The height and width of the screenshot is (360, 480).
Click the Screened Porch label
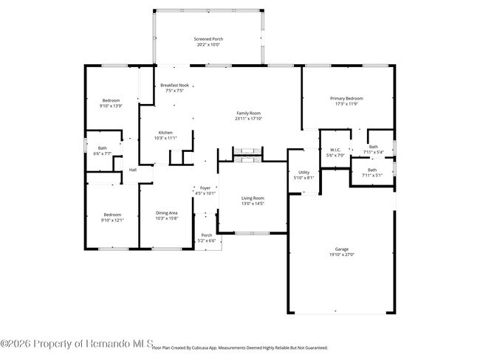208,41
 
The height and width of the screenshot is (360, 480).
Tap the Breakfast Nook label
174,88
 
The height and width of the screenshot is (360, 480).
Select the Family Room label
248,116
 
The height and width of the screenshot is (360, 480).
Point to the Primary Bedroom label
346,101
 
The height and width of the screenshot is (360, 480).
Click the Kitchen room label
165,135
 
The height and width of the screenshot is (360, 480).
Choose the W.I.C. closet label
335,153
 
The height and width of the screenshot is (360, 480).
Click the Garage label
341,252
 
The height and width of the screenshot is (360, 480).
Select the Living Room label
253,201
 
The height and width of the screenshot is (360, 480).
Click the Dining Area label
166,215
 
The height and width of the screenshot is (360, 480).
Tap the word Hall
133,170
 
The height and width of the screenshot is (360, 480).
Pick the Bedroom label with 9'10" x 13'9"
111,103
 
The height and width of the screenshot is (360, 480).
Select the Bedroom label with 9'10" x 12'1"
112,217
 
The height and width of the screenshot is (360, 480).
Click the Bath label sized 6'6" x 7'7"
102,150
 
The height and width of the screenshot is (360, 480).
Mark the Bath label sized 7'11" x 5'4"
373,149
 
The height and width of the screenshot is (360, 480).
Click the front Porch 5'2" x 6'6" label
207,238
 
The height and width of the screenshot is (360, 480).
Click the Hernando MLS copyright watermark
77,343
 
